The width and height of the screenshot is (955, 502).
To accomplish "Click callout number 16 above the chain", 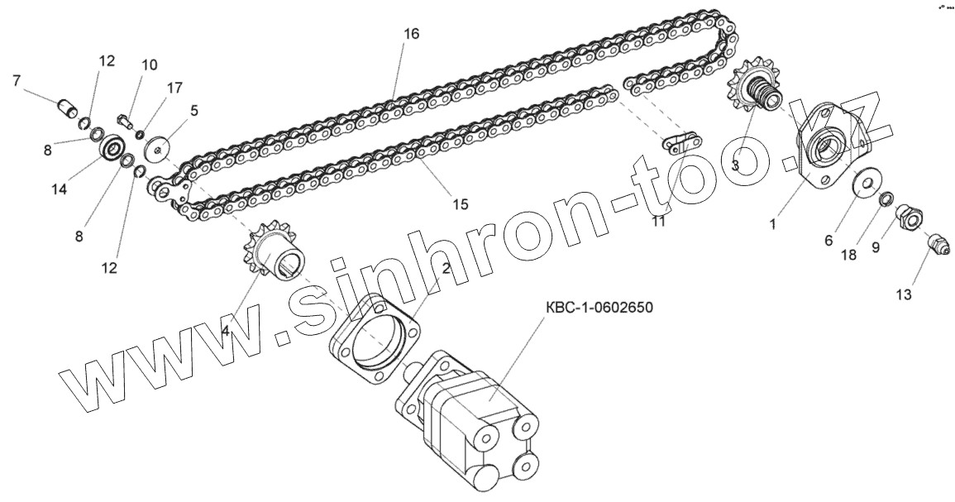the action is tap(412, 34).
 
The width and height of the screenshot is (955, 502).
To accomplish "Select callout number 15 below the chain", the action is tap(460, 203).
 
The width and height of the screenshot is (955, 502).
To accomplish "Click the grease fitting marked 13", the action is tap(937, 246).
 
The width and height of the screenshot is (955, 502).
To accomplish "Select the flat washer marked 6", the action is tap(864, 182).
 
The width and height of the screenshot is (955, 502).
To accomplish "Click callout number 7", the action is tap(16, 80).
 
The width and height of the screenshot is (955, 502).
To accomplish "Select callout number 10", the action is tap(149, 65).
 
